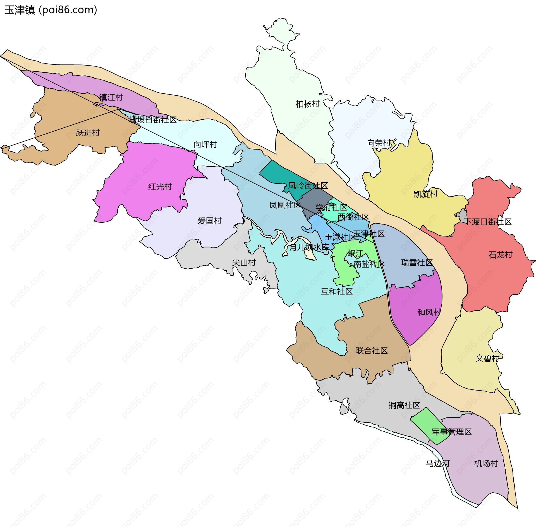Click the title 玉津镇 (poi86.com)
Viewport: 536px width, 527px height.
click(51, 10)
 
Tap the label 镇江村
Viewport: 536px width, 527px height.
click(111, 97)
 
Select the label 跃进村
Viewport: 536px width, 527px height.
click(88, 133)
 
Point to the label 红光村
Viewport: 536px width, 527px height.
click(160, 187)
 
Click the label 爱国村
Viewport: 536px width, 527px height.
click(209, 221)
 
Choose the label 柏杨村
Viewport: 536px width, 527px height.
click(307, 104)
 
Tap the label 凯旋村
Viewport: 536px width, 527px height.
click(425, 194)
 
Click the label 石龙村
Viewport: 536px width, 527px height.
click(501, 255)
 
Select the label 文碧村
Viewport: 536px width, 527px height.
click(487, 358)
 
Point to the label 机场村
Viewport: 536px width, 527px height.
click(486, 464)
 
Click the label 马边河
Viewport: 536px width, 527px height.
click(437, 463)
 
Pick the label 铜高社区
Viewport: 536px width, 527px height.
click(404, 405)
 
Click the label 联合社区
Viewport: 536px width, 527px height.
click(372, 351)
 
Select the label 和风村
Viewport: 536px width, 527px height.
click(429, 312)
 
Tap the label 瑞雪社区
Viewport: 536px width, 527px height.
click(417, 263)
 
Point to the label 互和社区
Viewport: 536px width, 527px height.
click(337, 291)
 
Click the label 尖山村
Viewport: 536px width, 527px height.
click(244, 263)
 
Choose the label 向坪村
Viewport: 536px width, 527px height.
click(205, 145)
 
